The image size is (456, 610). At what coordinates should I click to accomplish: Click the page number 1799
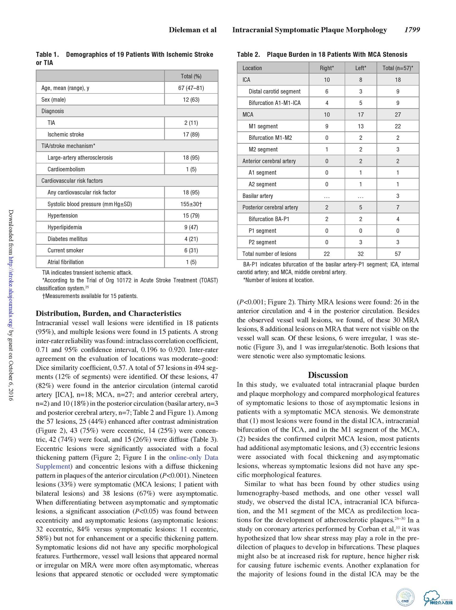[x=412, y=30]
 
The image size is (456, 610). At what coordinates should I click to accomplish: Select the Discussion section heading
[x=328, y=375]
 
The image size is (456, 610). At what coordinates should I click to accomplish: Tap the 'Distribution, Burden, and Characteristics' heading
[x=108, y=313]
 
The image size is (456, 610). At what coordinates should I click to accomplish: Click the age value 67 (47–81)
[x=191, y=88]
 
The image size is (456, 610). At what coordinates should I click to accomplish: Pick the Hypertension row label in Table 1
[x=63, y=216]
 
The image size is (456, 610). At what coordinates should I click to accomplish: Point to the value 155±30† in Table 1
[x=191, y=204]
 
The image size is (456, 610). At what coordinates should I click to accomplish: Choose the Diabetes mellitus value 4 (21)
[x=191, y=239]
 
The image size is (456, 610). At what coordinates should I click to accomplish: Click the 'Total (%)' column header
[x=191, y=76]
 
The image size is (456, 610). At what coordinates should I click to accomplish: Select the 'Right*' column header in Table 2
[x=327, y=68]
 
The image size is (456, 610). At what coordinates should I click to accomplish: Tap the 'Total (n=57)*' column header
[x=397, y=68]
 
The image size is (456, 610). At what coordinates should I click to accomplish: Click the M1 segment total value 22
[x=397, y=126]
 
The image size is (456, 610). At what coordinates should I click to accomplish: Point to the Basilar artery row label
[x=258, y=196]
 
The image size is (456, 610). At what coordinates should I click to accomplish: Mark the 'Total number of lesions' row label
[x=269, y=254]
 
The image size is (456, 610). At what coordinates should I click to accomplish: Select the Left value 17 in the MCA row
[x=360, y=115]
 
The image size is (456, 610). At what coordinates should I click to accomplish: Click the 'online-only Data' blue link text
[x=193, y=458]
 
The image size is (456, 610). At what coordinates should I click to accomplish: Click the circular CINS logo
[x=405, y=597]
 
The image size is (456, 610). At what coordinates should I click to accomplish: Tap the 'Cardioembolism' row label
[x=66, y=169]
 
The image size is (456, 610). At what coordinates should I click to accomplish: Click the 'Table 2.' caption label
[x=248, y=55]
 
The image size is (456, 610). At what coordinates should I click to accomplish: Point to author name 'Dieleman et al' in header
[x=193, y=30]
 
